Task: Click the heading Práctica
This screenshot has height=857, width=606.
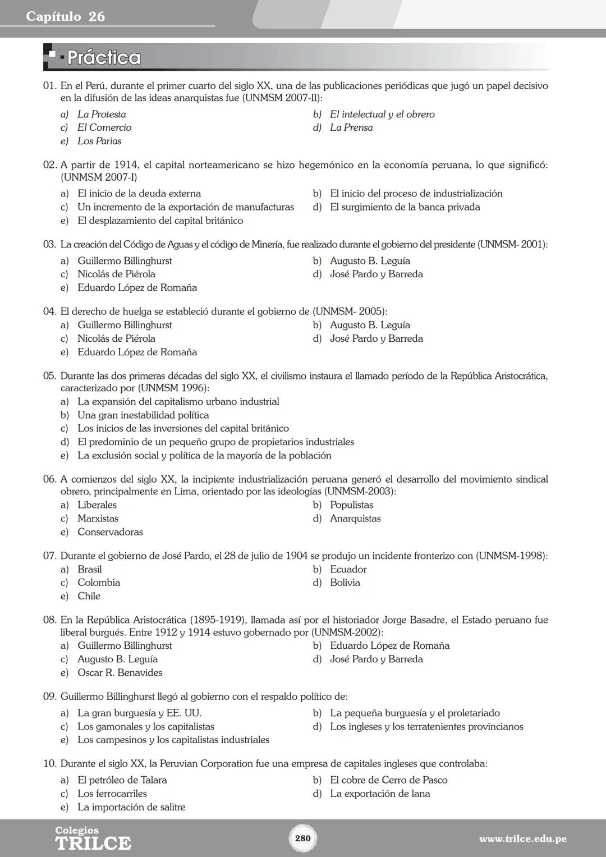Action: pyautogui.click(x=104, y=58)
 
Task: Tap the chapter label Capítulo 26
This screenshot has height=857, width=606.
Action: pyautogui.click(x=65, y=16)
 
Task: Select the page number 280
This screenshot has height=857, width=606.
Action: pyautogui.click(x=302, y=838)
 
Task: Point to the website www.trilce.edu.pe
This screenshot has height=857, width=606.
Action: pyautogui.click(x=522, y=839)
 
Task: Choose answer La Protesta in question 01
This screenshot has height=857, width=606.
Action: pyautogui.click(x=102, y=114)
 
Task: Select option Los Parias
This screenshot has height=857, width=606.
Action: pyautogui.click(x=99, y=141)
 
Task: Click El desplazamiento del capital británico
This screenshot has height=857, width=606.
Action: pyautogui.click(x=160, y=221)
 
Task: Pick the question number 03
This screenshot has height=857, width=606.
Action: pyautogui.click(x=49, y=245)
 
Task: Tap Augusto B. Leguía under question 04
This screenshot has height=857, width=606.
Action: pyautogui.click(x=370, y=325)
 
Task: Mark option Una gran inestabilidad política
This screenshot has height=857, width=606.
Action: pyautogui.click(x=143, y=415)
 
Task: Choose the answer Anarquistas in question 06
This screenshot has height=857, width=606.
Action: pyautogui.click(x=355, y=519)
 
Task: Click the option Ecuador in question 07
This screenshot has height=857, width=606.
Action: pyautogui.click(x=348, y=569)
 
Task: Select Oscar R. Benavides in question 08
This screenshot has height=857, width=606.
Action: pyautogui.click(x=120, y=672)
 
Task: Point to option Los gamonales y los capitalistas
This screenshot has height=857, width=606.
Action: pyautogui.click(x=146, y=727)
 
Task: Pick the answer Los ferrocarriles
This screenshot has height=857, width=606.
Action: pyautogui.click(x=112, y=794)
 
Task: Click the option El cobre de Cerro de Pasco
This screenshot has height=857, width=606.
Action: pyautogui.click(x=388, y=780)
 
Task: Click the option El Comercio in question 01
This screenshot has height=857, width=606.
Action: pyautogui.click(x=104, y=128)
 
